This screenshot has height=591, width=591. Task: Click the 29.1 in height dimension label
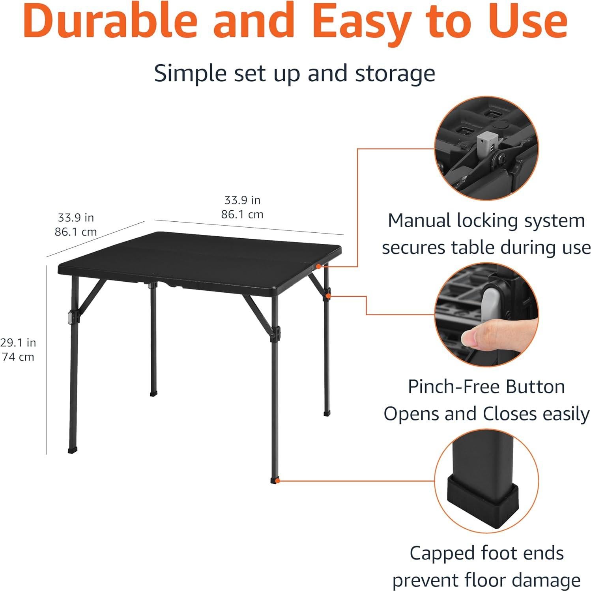click(18, 342)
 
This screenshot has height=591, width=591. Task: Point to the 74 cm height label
click(18, 357)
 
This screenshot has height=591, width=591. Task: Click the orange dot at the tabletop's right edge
click(318, 267)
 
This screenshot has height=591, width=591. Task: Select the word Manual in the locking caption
click(419, 221)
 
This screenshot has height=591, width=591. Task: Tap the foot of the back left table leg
click(153, 393)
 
